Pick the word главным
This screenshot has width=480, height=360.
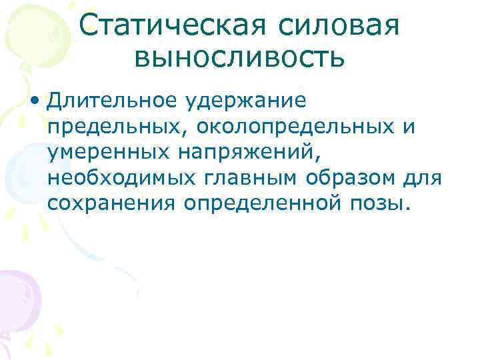[x=237, y=178]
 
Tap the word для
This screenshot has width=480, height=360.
[x=418, y=178]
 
